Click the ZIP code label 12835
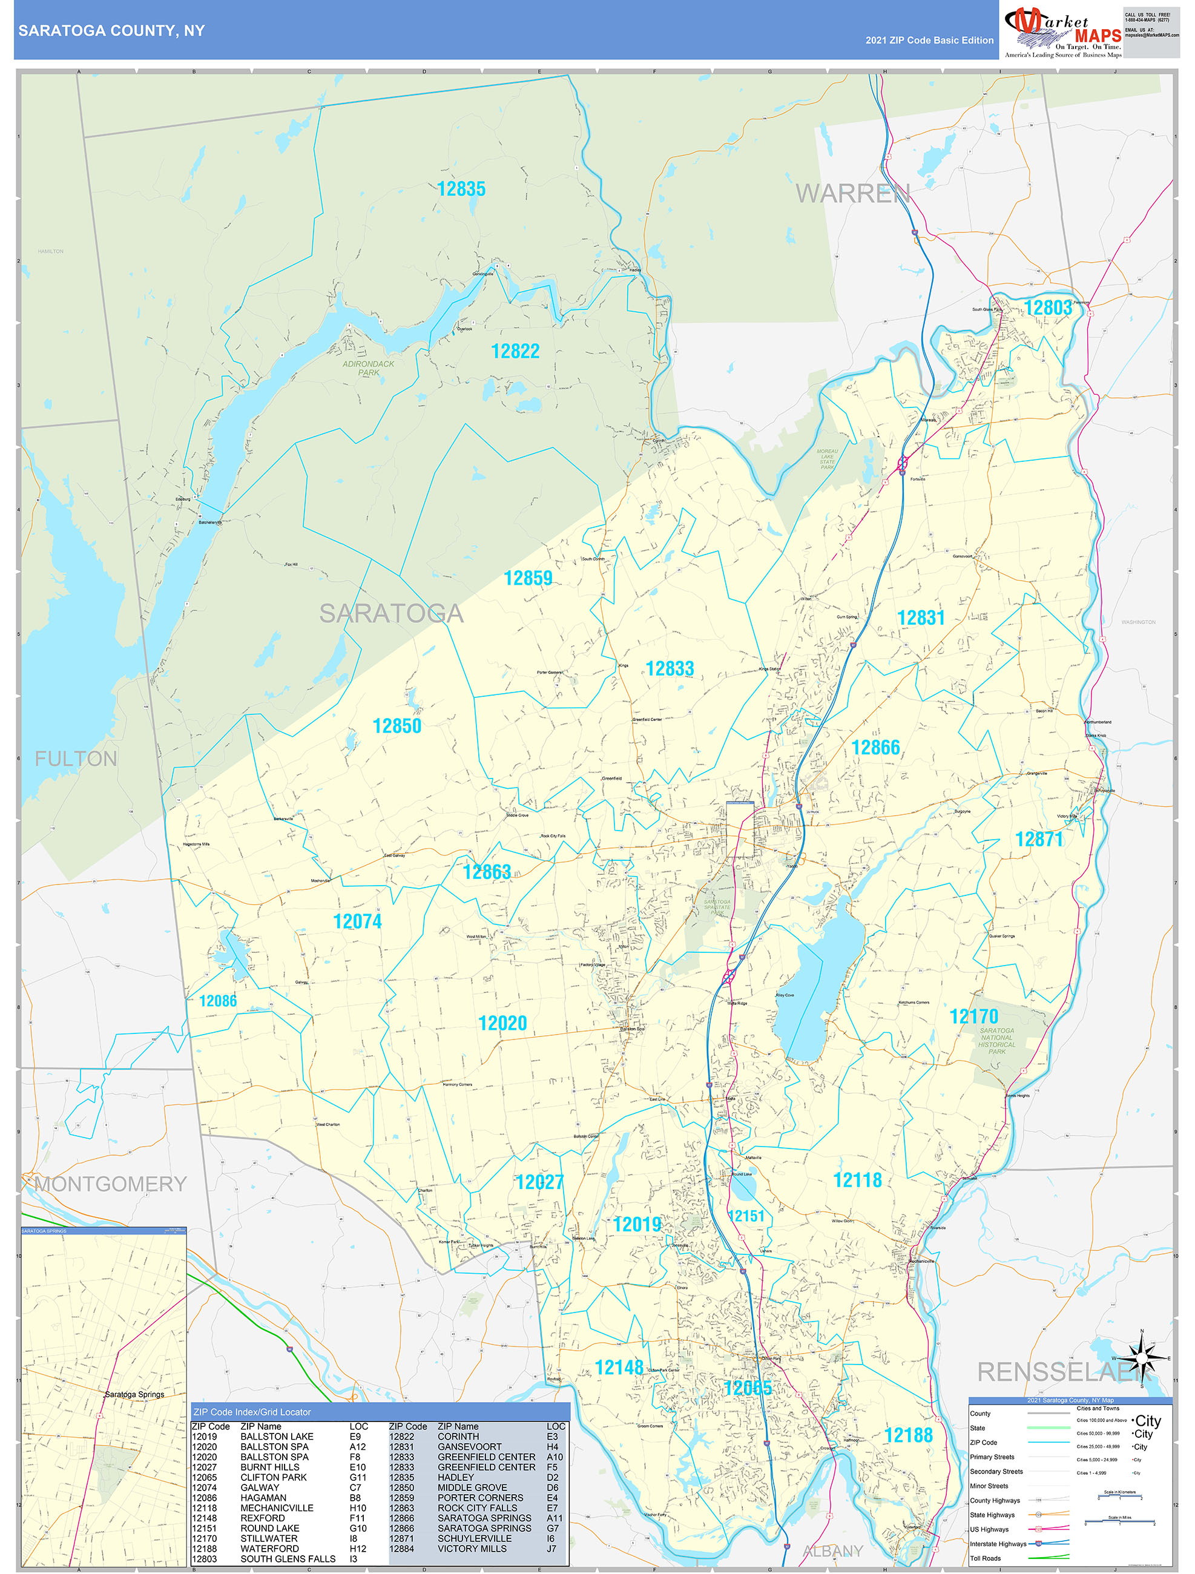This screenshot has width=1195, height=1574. click(x=461, y=189)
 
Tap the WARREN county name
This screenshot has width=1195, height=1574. click(x=852, y=194)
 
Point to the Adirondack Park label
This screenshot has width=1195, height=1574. click(x=368, y=368)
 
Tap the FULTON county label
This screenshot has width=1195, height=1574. click(x=76, y=759)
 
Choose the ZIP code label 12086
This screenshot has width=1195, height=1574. click(x=218, y=1001)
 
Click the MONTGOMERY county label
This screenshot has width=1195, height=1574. click(x=110, y=1184)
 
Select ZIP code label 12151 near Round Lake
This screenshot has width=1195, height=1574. click(x=745, y=1216)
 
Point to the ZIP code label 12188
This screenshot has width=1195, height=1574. click(x=908, y=1435)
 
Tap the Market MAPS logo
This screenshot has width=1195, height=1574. click(x=1062, y=32)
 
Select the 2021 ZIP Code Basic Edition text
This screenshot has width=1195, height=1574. click(x=929, y=41)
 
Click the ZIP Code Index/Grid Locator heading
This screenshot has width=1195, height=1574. click(x=252, y=1412)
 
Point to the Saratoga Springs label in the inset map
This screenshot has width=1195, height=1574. click(x=134, y=1394)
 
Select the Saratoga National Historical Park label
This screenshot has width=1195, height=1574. click(x=996, y=1040)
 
